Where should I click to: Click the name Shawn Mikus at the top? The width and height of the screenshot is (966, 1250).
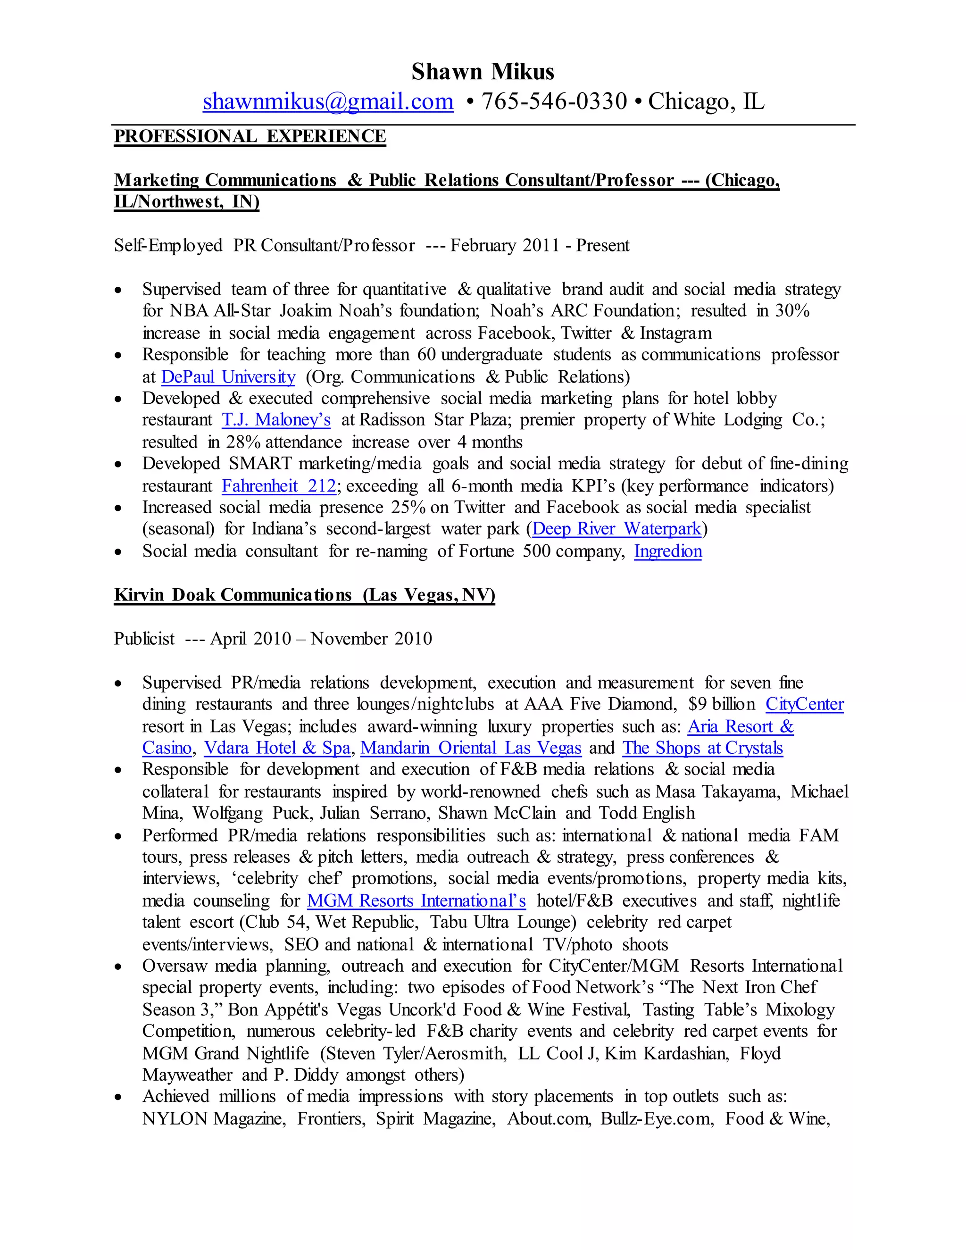click(x=483, y=72)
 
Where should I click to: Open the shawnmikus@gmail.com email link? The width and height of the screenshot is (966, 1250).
click(x=328, y=101)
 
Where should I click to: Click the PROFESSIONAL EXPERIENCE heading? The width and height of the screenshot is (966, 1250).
click(x=250, y=136)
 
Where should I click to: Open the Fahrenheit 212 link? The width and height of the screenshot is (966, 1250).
click(x=279, y=486)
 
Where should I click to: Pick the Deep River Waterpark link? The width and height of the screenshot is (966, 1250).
click(x=616, y=528)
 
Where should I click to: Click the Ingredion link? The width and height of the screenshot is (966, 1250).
click(x=667, y=551)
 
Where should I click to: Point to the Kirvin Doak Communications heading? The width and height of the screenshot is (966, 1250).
click(x=304, y=595)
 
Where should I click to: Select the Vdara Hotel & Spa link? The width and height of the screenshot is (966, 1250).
click(x=277, y=748)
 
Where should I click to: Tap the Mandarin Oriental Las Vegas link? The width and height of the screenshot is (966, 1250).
click(x=470, y=748)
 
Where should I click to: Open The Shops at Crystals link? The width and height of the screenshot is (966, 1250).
click(x=702, y=748)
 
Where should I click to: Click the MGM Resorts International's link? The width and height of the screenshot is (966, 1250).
click(x=416, y=901)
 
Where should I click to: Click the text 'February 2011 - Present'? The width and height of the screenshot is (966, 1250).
click(x=539, y=246)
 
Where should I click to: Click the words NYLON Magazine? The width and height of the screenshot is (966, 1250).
click(x=214, y=1119)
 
